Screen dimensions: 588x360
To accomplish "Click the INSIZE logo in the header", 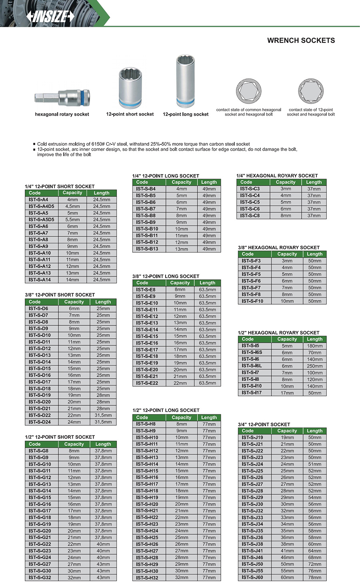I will (50, 16).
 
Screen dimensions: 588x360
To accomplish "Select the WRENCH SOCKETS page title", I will (301, 40).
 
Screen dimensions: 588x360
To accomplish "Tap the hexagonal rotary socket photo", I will (62, 98).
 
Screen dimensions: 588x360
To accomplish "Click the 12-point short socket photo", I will (130, 88).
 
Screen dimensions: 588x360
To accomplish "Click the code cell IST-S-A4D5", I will (41, 207).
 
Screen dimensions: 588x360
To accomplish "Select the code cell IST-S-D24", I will (40, 422).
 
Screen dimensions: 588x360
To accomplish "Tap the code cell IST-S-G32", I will (40, 578).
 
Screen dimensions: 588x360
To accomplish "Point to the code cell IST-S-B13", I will (147, 249).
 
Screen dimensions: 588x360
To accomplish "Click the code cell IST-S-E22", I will (147, 383).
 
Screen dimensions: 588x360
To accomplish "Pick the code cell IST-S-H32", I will (147, 578).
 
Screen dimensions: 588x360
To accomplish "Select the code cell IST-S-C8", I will (250, 215).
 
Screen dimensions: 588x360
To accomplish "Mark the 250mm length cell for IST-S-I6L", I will (315, 366).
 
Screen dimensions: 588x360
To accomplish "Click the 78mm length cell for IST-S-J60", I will (315, 578).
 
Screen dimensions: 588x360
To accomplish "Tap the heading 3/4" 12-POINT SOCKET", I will (264, 424).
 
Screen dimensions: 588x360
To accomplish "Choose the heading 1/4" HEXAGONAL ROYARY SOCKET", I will (277, 176).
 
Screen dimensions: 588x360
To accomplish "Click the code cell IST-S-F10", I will (252, 301).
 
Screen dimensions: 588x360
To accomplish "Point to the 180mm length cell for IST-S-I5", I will (315, 346).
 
